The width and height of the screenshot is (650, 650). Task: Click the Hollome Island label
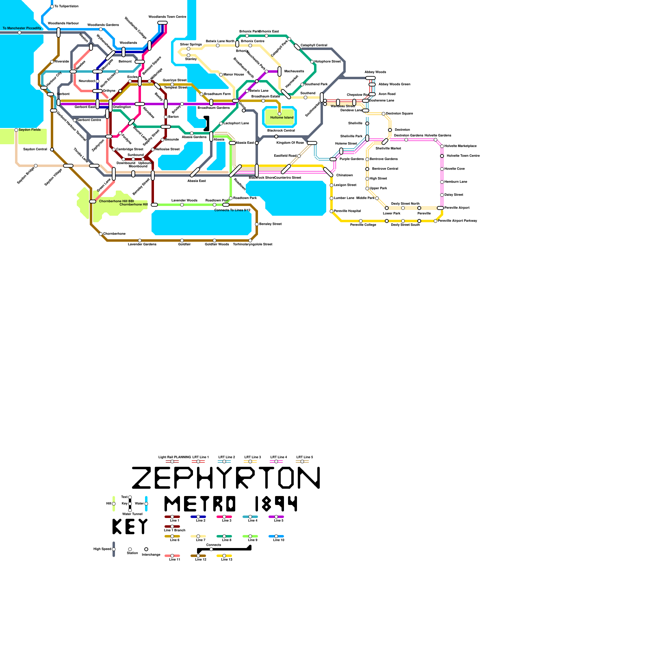(282, 117)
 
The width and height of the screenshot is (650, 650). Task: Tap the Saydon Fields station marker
(16, 130)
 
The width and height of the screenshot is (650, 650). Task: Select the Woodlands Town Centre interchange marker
(162, 23)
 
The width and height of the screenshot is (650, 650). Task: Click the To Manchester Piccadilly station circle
(19, 32)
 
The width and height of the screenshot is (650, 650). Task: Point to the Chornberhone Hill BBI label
(116, 201)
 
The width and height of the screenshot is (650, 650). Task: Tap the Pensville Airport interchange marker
(440, 208)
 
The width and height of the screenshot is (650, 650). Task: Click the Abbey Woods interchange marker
(370, 78)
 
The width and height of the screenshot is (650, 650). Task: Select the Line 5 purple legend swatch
(276, 517)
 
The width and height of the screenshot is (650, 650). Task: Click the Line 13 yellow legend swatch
(224, 556)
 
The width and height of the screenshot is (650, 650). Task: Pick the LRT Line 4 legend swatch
(276, 461)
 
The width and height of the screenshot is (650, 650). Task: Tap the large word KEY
(130, 527)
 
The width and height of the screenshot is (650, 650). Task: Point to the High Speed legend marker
(114, 549)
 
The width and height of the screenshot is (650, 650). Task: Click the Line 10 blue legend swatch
(276, 536)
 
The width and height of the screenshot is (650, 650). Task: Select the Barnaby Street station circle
(257, 224)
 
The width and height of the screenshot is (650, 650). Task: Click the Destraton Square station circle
(383, 114)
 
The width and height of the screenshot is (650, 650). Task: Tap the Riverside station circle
(52, 62)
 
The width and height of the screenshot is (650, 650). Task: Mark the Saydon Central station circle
(52, 149)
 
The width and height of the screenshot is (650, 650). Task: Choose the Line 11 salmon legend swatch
(172, 556)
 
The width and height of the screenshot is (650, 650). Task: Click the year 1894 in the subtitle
(276, 504)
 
